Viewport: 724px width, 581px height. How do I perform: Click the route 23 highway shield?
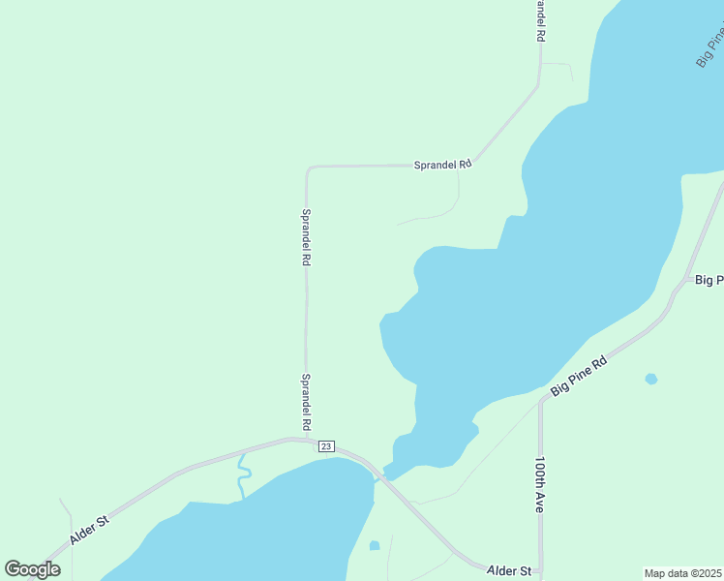point(325,446)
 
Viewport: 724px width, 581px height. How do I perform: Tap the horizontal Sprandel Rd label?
point(442,165)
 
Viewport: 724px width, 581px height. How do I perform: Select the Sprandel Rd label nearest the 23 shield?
point(306,402)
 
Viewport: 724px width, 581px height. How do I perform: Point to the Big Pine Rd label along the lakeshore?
point(578,376)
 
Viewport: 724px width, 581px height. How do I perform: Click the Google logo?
point(32,569)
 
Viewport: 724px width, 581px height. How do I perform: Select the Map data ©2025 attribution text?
point(682,573)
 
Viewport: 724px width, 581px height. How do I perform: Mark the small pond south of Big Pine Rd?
point(651,379)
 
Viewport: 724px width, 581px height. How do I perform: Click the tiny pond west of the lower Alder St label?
point(375,545)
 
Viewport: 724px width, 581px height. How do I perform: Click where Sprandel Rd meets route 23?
point(306,440)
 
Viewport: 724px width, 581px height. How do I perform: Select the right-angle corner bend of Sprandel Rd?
point(309,168)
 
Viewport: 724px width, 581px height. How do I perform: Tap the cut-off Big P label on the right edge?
point(709,280)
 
